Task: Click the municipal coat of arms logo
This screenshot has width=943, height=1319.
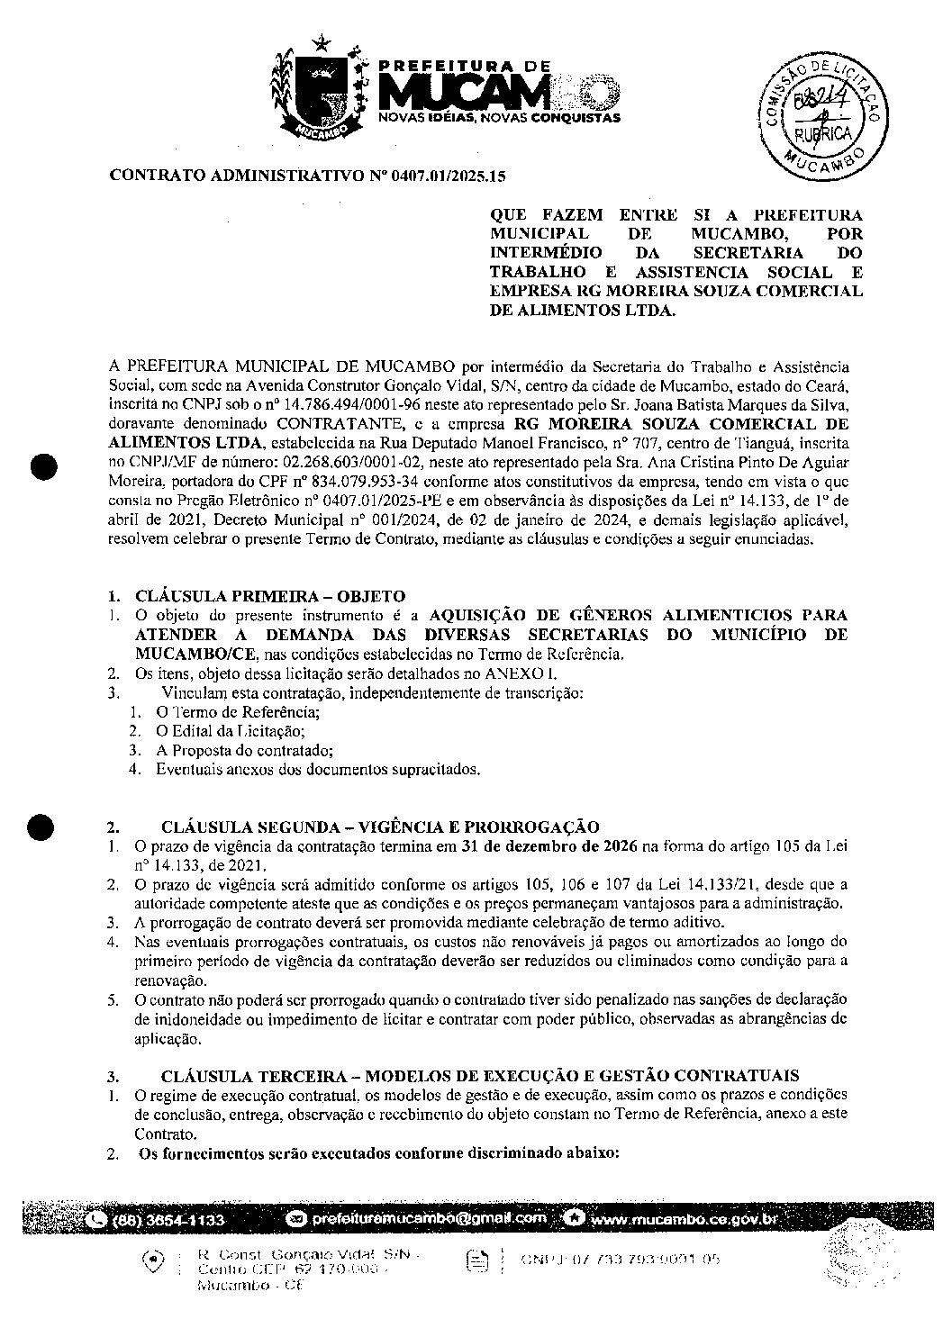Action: coord(319,90)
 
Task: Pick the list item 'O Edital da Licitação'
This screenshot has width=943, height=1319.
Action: coord(231,730)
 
